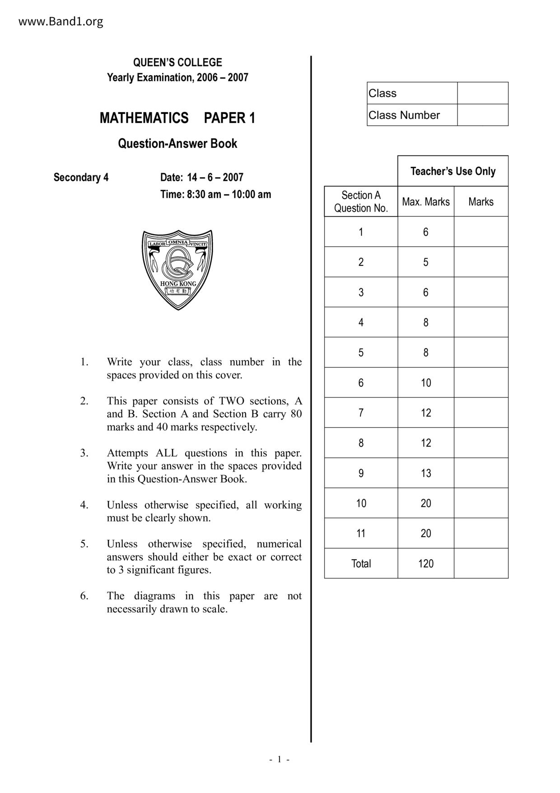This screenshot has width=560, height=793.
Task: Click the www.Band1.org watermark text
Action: point(61,22)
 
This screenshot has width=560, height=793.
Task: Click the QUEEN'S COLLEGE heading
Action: point(177,62)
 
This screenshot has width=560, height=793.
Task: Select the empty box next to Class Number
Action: point(482,115)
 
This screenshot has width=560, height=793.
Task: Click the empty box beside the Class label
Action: point(482,93)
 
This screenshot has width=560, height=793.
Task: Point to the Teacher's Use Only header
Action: point(453,171)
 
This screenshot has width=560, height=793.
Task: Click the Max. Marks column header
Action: point(425,202)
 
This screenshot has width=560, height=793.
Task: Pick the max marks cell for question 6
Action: point(425,383)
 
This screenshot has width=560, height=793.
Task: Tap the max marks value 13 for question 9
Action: point(425,473)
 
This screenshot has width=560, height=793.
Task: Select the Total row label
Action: point(361,564)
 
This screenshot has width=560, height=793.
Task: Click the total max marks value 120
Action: point(425,564)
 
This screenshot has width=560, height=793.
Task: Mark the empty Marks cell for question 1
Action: point(481,232)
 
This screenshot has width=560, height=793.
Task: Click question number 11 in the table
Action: point(361,533)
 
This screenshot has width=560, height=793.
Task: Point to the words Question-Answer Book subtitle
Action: point(177,144)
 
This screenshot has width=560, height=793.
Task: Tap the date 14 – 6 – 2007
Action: point(215,177)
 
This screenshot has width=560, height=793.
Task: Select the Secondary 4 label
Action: point(81,177)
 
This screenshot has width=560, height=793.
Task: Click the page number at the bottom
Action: point(280,759)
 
